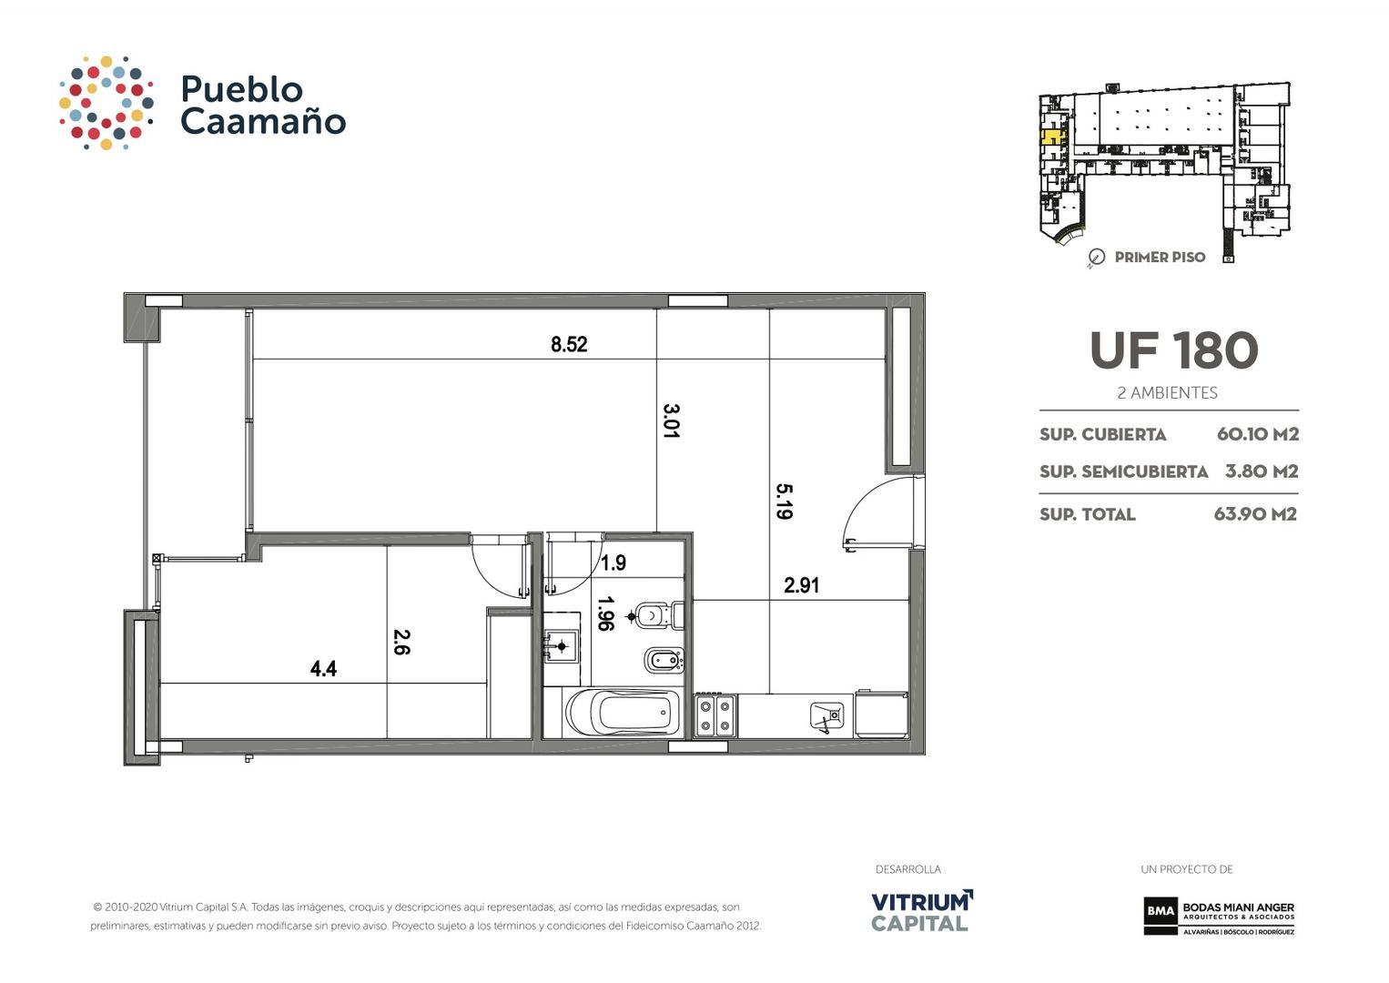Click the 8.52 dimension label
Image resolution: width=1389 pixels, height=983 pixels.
(569, 345)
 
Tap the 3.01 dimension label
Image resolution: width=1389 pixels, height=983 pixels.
(671, 421)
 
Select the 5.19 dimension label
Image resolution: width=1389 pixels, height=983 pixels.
(784, 501)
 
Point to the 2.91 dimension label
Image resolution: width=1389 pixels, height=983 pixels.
(801, 586)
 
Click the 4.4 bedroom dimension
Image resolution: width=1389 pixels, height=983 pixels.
(323, 669)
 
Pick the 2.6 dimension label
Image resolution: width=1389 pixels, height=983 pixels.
(401, 642)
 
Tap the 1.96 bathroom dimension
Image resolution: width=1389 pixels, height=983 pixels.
(605, 613)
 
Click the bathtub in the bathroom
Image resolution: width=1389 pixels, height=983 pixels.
(623, 713)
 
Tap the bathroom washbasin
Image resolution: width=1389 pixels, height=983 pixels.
(562, 647)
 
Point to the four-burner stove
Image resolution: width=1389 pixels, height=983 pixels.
(715, 715)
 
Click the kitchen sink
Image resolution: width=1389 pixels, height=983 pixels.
(826, 716)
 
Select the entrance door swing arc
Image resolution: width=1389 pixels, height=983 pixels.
(869, 510)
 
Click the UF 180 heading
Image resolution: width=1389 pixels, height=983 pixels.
(1173, 350)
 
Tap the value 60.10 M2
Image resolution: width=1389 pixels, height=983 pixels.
(1257, 434)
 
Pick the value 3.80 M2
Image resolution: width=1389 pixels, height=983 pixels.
(1261, 471)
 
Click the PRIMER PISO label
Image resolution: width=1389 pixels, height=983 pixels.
(1159, 258)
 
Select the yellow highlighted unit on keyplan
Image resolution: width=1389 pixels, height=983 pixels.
(1050, 138)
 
